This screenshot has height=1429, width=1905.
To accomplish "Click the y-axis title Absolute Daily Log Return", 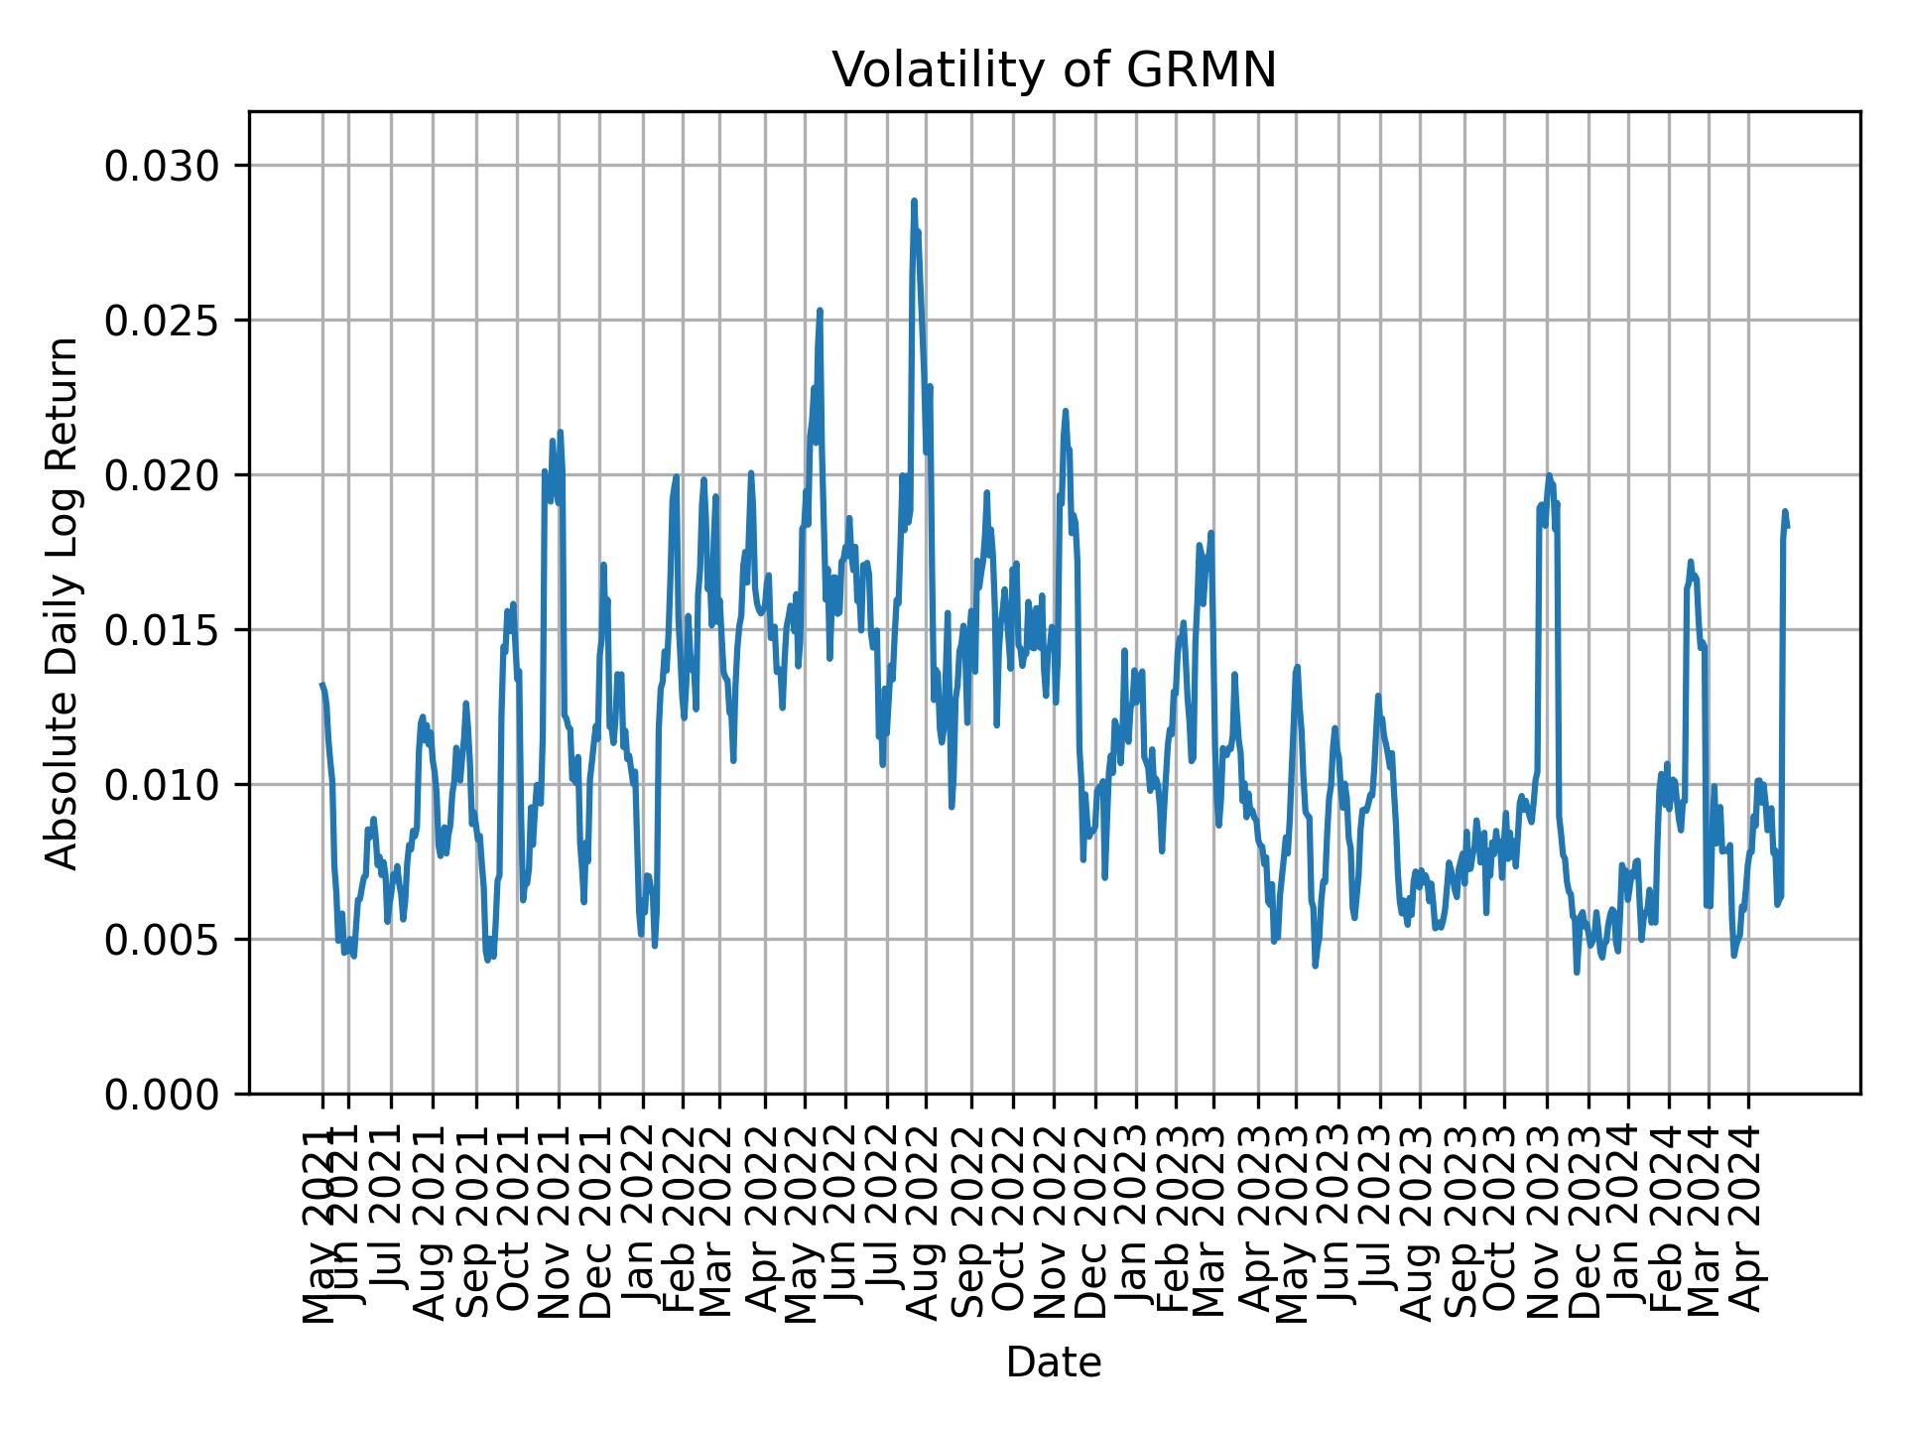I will (63, 602).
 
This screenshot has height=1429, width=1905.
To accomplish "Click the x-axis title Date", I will (1054, 1364).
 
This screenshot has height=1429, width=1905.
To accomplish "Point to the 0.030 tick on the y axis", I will (164, 166).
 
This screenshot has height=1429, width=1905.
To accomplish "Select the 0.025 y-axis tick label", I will (164, 321).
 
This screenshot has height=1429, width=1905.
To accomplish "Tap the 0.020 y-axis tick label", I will (164, 475).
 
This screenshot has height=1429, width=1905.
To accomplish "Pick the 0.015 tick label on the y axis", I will (164, 630).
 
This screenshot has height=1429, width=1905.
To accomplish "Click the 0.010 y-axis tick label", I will (164, 785).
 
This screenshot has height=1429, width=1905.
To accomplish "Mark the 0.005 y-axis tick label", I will (164, 940).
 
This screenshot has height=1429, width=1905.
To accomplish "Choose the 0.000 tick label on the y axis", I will (164, 1095).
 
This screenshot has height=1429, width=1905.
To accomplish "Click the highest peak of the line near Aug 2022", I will (914, 201).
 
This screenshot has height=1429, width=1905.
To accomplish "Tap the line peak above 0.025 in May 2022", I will (820, 311).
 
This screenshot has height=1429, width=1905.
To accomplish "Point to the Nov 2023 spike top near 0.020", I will (1549, 476).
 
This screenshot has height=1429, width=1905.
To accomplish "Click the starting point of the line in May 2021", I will (321, 685).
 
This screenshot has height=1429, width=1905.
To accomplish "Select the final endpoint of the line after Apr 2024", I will (1787, 527).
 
